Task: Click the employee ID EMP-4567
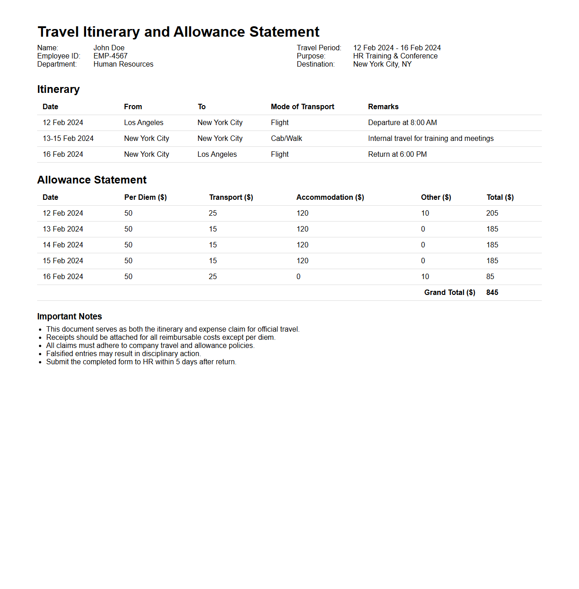(111, 56)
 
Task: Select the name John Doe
(109, 48)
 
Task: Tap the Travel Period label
(319, 48)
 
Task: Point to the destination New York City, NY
(382, 64)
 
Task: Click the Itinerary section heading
(58, 89)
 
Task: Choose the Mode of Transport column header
(302, 107)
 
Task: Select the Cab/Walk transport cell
(286, 139)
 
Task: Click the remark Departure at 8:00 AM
(402, 123)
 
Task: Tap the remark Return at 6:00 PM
(397, 154)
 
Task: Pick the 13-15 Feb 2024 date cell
(68, 139)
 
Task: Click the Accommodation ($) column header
(330, 198)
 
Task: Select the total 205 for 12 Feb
(492, 213)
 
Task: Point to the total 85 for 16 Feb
(490, 277)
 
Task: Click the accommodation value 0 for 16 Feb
(299, 277)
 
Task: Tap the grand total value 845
(492, 293)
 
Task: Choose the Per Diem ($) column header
(145, 198)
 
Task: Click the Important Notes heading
(69, 317)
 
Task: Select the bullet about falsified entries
(123, 354)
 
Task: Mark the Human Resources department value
(123, 64)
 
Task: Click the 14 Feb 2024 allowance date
(63, 245)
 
